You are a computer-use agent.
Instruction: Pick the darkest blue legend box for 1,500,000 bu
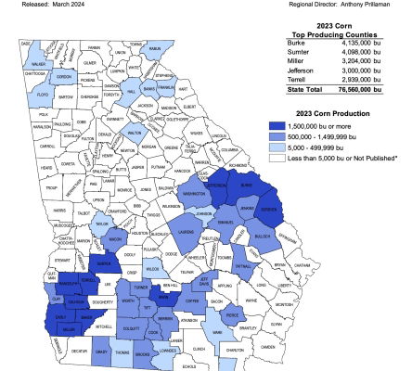click(277, 124)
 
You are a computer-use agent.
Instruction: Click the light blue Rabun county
click(155, 49)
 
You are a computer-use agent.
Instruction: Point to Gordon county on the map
click(63, 77)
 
